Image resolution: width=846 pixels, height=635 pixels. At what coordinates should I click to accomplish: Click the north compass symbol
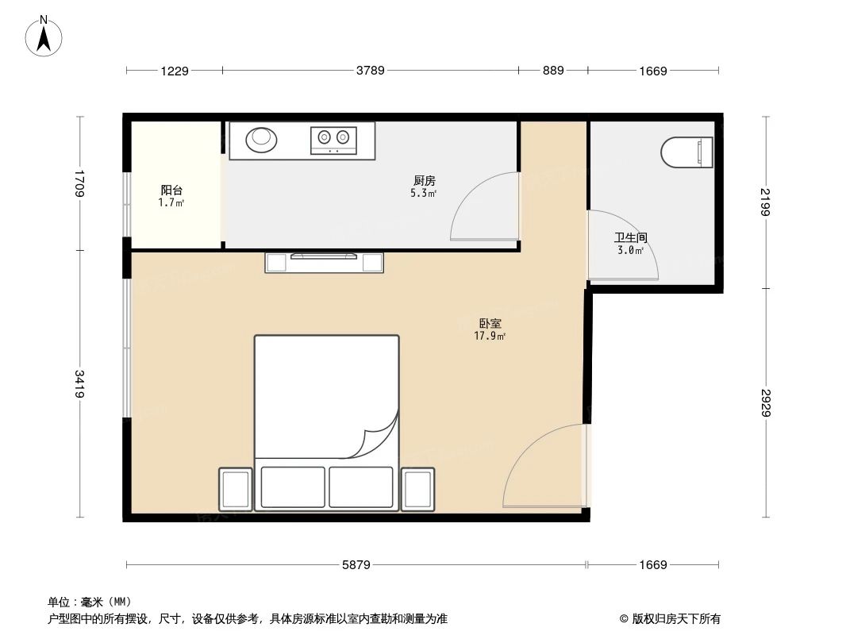[44, 37]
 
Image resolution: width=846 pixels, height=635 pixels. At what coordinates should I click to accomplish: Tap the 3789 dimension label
[370, 71]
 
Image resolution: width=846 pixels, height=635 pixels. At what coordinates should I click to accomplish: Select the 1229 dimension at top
[175, 71]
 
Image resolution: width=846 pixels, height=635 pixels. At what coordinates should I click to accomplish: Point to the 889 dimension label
[553, 71]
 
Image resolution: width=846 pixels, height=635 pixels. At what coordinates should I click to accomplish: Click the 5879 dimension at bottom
[356, 565]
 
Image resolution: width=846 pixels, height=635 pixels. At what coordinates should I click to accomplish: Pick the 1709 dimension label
[79, 183]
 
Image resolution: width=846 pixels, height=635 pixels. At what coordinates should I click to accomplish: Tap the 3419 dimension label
[79, 384]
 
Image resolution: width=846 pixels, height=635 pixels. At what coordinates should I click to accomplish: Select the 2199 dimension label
[766, 202]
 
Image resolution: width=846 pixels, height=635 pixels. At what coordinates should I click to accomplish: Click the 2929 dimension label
[766, 402]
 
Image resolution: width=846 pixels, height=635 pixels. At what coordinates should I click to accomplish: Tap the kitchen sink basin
[262, 140]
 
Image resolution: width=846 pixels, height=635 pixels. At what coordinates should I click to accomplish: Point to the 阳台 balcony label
[171, 190]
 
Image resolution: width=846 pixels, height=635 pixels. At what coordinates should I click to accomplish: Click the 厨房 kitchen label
[424, 181]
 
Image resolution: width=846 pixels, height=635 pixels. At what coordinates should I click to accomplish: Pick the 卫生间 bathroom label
[631, 237]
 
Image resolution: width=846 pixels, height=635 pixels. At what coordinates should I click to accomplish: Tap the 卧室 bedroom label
[490, 324]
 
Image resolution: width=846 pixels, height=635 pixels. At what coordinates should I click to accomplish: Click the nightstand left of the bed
[236, 489]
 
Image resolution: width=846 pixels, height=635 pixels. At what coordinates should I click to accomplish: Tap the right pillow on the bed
[361, 487]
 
